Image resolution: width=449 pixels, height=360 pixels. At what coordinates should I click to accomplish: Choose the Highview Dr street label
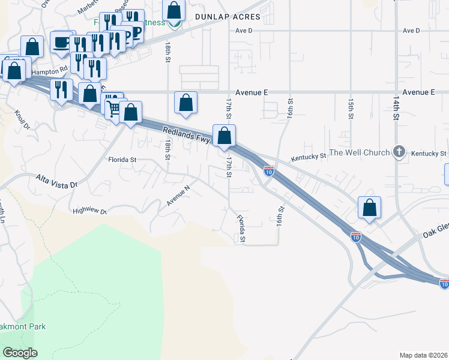pos(89,211)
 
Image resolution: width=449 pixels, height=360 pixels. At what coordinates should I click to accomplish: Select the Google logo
pos(20,353)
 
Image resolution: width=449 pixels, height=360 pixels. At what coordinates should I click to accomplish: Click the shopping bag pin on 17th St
pos(224,136)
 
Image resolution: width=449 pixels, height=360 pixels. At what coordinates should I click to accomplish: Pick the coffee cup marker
pos(61,43)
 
